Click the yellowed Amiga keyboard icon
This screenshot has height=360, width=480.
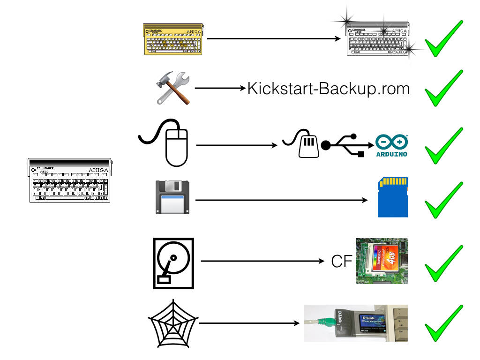[174, 39]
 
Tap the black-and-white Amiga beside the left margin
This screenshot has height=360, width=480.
[70, 180]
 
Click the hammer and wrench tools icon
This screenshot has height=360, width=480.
[172, 88]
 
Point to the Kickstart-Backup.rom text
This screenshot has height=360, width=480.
[328, 89]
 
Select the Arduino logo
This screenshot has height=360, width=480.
[392, 146]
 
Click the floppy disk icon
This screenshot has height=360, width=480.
[172, 198]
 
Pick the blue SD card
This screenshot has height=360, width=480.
[393, 197]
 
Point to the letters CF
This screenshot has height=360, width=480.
[342, 262]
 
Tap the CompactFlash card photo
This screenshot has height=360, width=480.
[382, 261]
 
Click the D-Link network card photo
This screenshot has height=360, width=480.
[355, 323]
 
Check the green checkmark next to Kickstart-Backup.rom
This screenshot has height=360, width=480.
[443, 89]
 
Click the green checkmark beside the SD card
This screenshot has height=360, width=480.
[443, 201]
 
